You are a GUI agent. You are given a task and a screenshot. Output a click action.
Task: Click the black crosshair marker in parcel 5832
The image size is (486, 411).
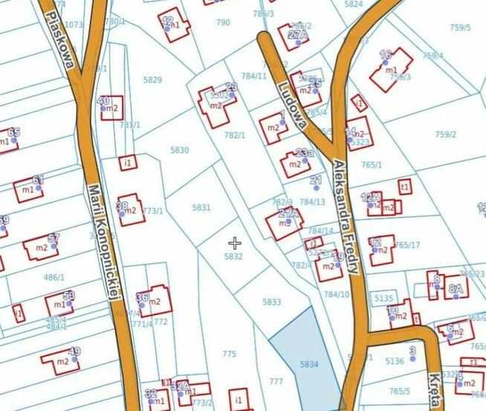[235, 243]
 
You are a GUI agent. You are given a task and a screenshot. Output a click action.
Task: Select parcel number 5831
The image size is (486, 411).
[201, 207]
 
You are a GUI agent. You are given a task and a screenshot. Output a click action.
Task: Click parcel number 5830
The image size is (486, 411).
[180, 150]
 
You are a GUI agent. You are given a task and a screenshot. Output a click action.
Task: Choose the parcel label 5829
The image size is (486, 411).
[152, 80]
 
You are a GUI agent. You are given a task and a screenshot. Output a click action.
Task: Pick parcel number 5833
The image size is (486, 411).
[272, 302]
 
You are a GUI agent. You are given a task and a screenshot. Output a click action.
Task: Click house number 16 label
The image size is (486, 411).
[385, 55]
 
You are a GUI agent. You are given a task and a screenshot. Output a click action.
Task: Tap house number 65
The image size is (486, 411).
[13, 132]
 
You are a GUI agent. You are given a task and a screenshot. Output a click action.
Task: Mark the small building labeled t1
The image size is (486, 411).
[404, 186]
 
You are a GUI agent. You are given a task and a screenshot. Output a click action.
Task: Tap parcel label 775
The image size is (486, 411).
[229, 354]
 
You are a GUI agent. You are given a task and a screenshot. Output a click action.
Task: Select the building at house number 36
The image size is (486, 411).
[154, 301]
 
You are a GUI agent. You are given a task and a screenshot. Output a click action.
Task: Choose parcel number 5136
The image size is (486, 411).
[395, 361]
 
